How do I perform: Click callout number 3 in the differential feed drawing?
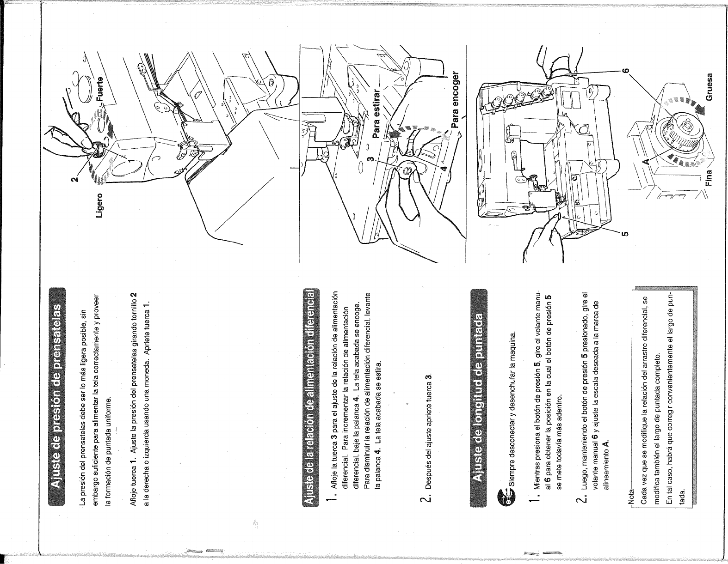pyautogui.click(x=370, y=159)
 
